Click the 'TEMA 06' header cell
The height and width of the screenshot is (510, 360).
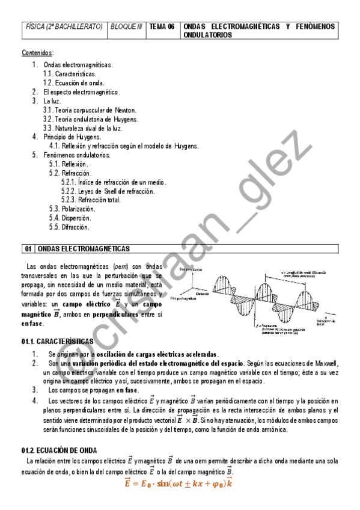162,27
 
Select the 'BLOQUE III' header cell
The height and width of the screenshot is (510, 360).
126,27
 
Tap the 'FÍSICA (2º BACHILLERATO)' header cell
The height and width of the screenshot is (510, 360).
64,27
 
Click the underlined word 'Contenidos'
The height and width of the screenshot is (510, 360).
37,53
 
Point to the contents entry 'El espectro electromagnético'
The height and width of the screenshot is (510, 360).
82,92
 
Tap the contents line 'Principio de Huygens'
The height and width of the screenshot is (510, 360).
72,137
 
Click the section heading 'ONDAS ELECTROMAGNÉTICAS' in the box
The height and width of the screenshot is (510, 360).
84,249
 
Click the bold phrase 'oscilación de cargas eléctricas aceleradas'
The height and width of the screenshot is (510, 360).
153,354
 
